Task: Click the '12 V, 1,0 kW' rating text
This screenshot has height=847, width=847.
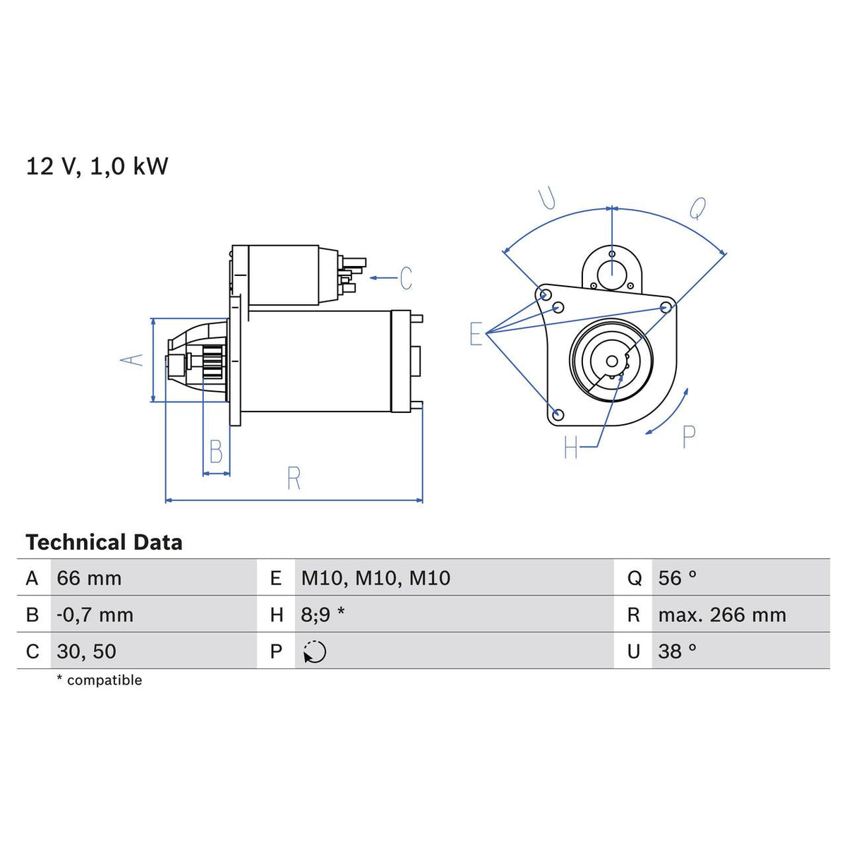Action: point(97,167)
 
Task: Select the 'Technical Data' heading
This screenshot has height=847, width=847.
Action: point(104,542)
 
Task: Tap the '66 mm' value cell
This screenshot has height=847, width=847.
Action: point(89,578)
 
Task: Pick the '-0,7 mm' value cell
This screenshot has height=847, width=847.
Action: point(95,615)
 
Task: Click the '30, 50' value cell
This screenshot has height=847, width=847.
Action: point(87,651)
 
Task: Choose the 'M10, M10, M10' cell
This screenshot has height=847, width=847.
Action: point(376,578)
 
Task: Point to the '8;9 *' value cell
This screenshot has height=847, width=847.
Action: point(323,615)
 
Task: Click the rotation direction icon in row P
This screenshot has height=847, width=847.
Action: point(315,651)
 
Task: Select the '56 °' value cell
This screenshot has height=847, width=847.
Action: point(678,578)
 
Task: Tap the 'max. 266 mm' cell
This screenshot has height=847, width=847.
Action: point(722,615)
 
